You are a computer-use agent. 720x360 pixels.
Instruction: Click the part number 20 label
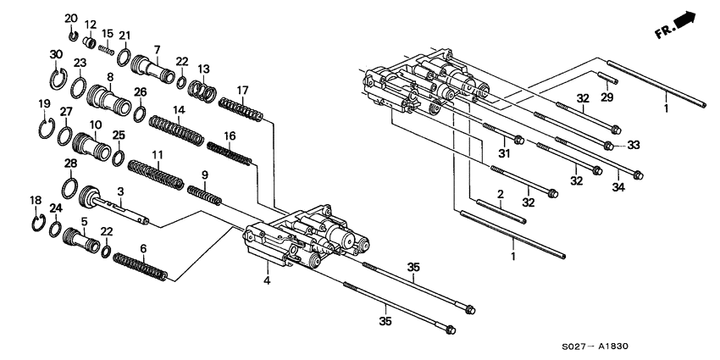[x=71, y=18]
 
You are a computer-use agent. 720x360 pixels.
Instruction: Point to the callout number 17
[x=242, y=91]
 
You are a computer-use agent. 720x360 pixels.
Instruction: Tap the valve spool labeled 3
[x=119, y=208]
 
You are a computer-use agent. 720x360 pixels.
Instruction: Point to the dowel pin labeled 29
[x=610, y=80]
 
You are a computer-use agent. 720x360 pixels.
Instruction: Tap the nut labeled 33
[x=608, y=147]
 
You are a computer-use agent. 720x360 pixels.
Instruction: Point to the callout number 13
[x=203, y=69]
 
